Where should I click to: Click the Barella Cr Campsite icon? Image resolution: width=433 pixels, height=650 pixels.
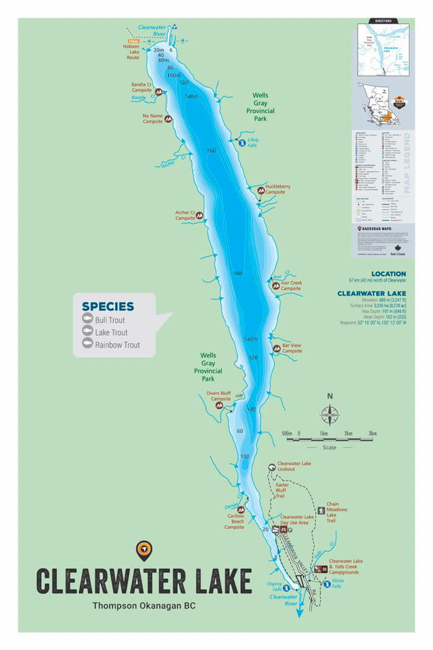pyautogui.click(x=159, y=91)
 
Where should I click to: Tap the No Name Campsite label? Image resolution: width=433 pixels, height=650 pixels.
pyautogui.click(x=152, y=118)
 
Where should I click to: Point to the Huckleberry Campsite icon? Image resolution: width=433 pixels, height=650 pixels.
pyautogui.click(x=260, y=192)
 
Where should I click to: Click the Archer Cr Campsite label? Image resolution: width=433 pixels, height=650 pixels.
pyautogui.click(x=185, y=215)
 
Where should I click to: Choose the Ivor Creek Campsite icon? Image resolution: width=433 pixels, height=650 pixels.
pyautogui.click(x=275, y=286)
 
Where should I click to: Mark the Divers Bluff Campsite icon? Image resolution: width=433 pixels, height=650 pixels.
pyautogui.click(x=219, y=406)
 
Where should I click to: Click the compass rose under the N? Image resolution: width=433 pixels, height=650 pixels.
pyautogui.click(x=330, y=414)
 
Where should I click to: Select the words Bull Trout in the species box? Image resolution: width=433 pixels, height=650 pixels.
pyautogui.click(x=110, y=320)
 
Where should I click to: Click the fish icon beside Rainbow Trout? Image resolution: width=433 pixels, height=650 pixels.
pyautogui.click(x=87, y=344)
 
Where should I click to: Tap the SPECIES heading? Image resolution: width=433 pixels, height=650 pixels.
pyautogui.click(x=108, y=306)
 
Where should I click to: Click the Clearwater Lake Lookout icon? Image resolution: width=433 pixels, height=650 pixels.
pyautogui.click(x=271, y=467)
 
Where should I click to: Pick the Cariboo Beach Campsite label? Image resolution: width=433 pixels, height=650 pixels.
pyautogui.click(x=235, y=521)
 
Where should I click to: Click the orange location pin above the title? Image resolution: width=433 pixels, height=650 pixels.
pyautogui.click(x=143, y=550)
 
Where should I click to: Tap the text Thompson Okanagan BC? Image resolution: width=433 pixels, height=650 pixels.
pyautogui.click(x=143, y=606)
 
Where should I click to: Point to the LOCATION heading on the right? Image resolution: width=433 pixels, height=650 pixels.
pyautogui.click(x=388, y=274)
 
